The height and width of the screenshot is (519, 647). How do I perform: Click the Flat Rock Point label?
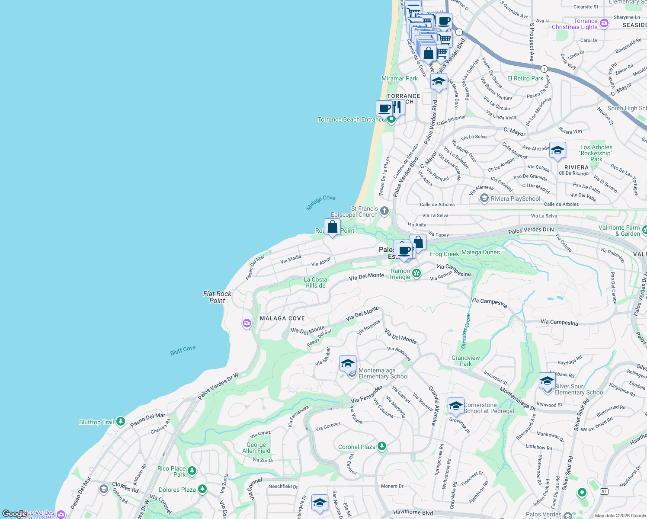[217, 297]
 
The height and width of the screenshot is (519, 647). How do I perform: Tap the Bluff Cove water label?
[183, 350]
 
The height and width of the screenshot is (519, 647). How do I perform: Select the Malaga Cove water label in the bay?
[320, 202]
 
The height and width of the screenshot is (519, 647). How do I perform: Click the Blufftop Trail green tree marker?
[121, 421]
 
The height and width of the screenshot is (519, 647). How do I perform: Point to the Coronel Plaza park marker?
[381, 446]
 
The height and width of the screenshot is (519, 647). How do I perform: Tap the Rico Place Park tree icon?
[192, 471]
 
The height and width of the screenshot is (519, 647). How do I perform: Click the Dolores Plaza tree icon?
[202, 489]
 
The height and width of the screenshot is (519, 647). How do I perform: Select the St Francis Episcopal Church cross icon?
[384, 211]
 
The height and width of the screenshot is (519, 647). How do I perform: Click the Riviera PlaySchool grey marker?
[484, 199]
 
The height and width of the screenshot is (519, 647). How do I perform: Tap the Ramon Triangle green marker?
[416, 273]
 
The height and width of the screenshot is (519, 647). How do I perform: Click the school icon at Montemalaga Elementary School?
[348, 363]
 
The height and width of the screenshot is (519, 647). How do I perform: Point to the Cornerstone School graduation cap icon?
[456, 406]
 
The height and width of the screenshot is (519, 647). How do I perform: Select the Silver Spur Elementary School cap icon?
[547, 381]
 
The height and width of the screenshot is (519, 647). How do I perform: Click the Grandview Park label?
[465, 361]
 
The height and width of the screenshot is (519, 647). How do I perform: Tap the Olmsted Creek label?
[465, 331]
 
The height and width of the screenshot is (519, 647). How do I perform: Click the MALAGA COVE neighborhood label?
[282, 318]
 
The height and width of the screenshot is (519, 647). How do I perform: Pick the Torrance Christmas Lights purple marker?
[604, 24]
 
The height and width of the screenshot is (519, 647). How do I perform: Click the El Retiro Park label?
[525, 78]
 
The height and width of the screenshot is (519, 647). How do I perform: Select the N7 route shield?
[604, 491]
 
